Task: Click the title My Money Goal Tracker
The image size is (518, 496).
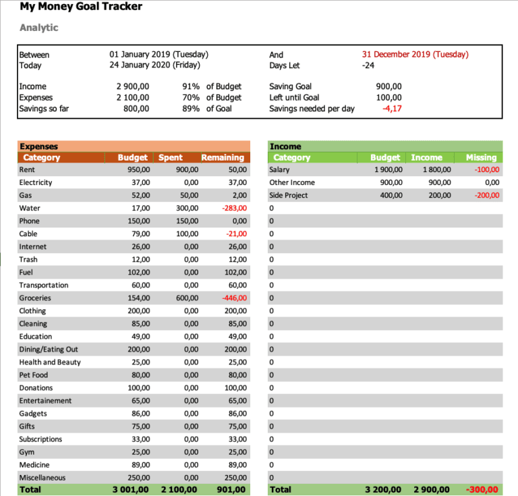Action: point(81,7)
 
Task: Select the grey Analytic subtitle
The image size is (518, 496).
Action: point(39,28)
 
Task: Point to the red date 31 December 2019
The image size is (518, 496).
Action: point(415,55)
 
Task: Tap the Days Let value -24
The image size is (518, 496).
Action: point(368,65)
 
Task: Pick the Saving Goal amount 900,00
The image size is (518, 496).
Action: point(388,87)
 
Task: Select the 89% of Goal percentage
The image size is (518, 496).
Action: point(191,109)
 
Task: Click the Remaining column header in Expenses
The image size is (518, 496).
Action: point(223,157)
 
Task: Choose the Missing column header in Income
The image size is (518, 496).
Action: point(481,157)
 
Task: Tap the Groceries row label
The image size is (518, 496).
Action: point(35,298)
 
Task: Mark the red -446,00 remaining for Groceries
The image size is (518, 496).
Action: point(233,298)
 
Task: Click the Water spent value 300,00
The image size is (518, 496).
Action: point(186,209)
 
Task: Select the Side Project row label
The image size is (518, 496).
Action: point(288,196)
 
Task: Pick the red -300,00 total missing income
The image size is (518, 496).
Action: point(482,490)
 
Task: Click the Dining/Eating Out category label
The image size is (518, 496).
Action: point(49,350)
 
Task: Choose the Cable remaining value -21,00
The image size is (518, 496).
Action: point(235,234)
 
